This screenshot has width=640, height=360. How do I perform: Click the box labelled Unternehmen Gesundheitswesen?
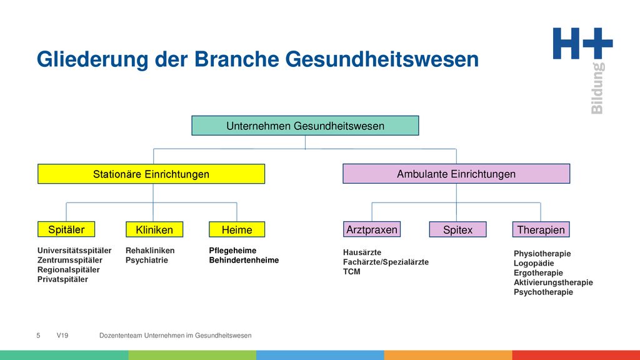coord(305,126)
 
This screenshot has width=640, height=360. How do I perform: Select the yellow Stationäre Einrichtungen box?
coord(151,174)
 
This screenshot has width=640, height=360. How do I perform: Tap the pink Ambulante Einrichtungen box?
coord(456,174)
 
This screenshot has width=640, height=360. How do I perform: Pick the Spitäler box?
coord(66,229)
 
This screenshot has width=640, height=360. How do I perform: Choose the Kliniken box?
coord(154,229)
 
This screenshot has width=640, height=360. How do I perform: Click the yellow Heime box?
coord(237,229)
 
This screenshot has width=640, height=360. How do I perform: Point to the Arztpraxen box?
coord(372,229)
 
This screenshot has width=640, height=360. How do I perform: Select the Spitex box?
coord(458,229)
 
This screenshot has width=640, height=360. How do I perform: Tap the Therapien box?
coord(541,229)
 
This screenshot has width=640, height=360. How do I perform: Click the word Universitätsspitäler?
coord(74,250)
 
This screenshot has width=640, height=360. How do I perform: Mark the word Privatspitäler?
coord(62,279)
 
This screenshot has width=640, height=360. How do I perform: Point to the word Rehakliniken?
coord(150,250)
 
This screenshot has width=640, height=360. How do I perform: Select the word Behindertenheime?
coord(244,260)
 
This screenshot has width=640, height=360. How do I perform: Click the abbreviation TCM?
coord(351,272)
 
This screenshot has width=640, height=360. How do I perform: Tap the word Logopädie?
coord(534,263)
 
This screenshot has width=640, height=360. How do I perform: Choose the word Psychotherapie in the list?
coord(543,292)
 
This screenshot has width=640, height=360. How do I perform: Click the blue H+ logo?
coord(583,43)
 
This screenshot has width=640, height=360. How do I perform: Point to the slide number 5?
coord(38,336)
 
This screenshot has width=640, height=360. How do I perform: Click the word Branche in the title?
coord(236,59)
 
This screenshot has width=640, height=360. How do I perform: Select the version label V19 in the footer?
coord(62,336)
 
